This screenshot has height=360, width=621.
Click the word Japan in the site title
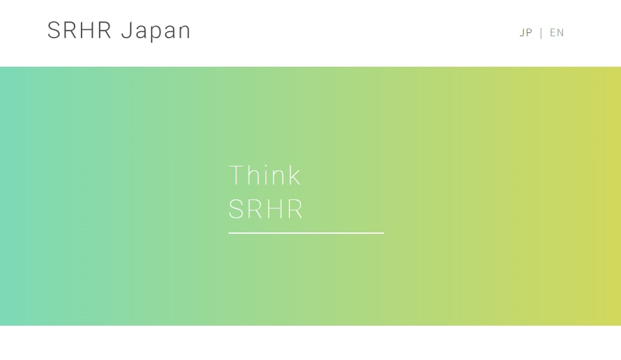tap(155, 31)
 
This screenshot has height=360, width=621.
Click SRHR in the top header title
tap(79, 30)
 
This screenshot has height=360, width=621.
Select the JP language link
tap(526, 32)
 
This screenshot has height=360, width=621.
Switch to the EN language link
tap(557, 32)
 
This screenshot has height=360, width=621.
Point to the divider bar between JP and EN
tap(541, 33)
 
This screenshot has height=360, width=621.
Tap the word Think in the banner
tap(265, 175)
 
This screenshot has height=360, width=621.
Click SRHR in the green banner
tap(265, 209)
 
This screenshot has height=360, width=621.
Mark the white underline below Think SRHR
tap(306, 233)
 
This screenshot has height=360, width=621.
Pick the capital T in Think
tap(236, 175)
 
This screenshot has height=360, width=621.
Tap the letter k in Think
tap(294, 175)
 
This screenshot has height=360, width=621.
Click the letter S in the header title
tap(54, 30)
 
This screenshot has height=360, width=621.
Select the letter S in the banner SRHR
tap(235, 209)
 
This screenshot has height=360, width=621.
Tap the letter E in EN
tap(553, 32)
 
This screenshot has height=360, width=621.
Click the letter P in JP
tap(529, 32)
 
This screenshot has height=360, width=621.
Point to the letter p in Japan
tap(155, 33)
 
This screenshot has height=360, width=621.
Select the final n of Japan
tap(185, 32)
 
